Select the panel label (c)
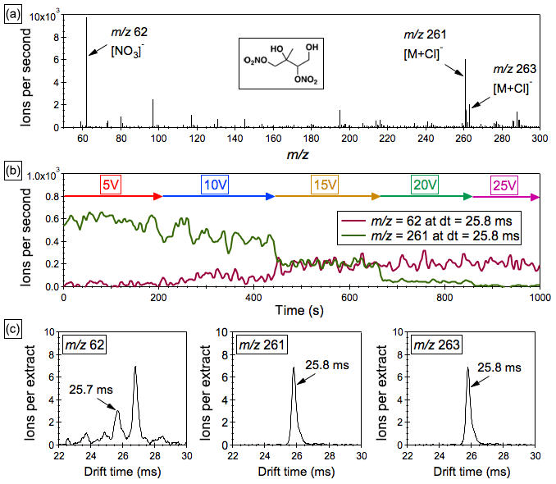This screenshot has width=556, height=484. tap(13, 326)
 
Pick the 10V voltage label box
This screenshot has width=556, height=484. tap(217, 185)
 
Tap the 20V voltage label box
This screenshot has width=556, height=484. tap(425, 185)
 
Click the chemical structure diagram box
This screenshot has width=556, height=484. tap(287, 62)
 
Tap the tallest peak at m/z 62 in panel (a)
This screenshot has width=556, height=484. tap(86, 19)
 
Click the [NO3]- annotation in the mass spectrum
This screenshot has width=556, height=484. tap(125, 51)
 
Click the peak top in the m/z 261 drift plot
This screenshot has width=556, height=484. tap(294, 368)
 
